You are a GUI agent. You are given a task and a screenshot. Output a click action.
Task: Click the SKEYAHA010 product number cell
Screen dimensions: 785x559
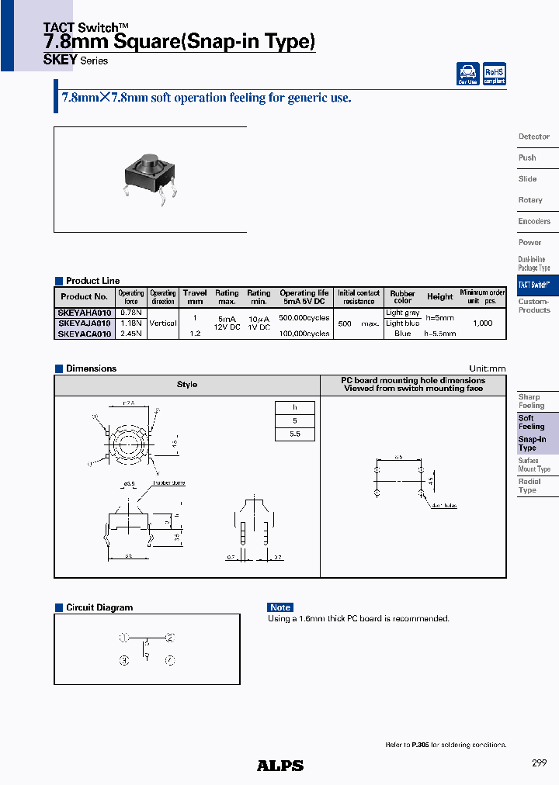tap(85, 312)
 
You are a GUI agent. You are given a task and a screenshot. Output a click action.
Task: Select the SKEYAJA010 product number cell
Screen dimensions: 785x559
tap(85, 323)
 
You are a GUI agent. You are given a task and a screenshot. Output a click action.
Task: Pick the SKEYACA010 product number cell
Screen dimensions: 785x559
tap(85, 334)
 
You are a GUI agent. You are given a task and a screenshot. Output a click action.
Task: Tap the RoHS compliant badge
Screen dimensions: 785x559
tap(494, 74)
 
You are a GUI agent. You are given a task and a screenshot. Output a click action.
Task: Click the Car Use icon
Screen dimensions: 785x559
tap(467, 74)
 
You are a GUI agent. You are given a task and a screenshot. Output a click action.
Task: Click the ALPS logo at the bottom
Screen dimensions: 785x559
tap(280, 766)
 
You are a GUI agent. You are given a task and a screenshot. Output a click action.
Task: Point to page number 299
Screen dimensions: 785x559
tap(539, 763)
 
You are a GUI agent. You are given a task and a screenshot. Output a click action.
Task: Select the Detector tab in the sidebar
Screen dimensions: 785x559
tap(534, 137)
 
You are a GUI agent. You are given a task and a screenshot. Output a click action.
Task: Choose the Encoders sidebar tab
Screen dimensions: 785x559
tap(534, 221)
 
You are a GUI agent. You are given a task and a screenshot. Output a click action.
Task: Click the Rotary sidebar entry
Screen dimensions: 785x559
tap(530, 200)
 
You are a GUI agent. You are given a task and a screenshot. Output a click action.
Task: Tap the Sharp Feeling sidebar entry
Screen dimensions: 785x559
tap(532, 401)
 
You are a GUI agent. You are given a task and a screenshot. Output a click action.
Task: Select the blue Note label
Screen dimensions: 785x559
tap(280, 607)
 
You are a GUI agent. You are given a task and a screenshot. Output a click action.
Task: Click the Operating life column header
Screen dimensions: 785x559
tap(304, 297)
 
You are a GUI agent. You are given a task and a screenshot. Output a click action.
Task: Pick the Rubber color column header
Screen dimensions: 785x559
tap(402, 297)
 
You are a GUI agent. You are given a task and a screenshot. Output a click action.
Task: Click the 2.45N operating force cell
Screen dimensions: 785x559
tap(131, 334)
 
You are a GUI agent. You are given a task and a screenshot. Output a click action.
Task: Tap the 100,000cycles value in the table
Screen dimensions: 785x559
tap(304, 334)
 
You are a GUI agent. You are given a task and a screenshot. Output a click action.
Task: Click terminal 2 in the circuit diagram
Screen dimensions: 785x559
tap(170, 638)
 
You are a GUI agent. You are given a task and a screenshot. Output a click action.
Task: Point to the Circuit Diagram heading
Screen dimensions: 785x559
tap(99, 607)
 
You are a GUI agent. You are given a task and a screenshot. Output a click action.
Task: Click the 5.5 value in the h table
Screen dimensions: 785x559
tap(295, 434)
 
